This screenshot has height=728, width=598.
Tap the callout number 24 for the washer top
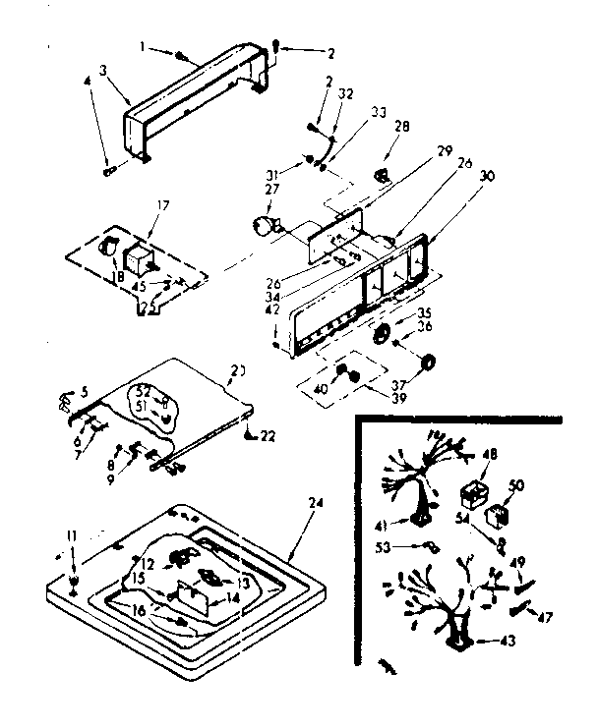315,503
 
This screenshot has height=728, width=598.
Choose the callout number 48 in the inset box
488,454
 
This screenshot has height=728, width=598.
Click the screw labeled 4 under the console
105,172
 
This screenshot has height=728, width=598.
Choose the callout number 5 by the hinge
86,391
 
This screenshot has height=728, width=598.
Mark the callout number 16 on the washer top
139,610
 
